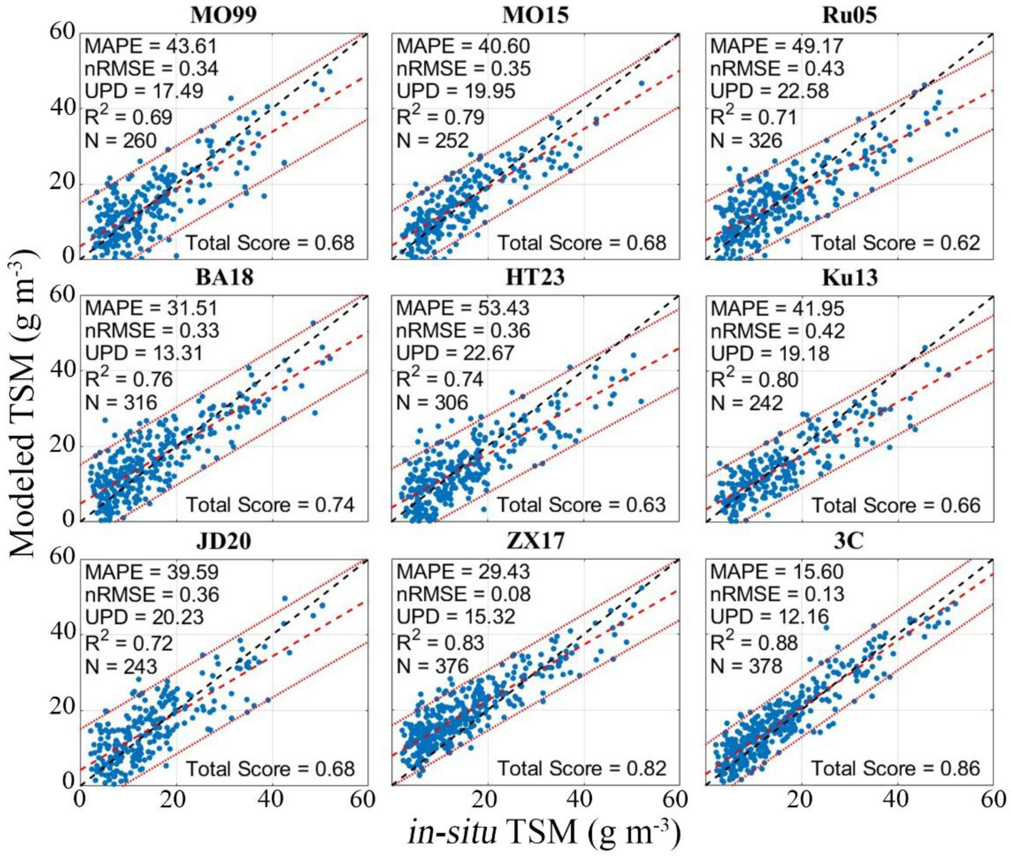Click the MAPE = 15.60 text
click(x=777, y=572)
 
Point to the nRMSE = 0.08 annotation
click(x=464, y=594)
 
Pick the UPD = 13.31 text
click(x=144, y=353)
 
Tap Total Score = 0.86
click(x=896, y=769)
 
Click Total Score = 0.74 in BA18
click(x=271, y=505)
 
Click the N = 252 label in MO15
click(x=433, y=141)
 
